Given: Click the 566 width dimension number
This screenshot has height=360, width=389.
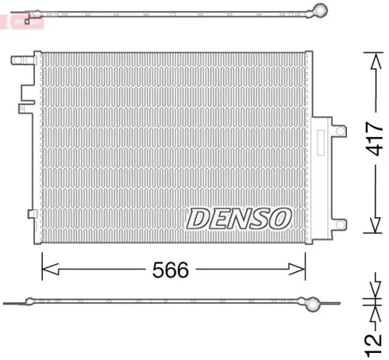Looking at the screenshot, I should pos(171,270).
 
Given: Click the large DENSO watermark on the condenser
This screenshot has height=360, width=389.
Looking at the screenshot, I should pos(238,217).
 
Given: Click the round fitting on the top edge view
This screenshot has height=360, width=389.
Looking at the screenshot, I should pos(317,10).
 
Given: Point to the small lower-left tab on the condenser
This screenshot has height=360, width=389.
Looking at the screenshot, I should pos(31,214).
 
